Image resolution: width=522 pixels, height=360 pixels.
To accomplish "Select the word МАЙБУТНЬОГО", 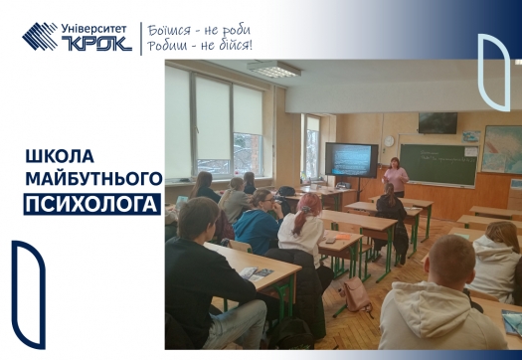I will click(92, 179).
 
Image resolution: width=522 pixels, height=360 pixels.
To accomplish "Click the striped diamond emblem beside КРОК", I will click(41, 37).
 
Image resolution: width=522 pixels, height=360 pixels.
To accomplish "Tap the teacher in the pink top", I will click(396, 176).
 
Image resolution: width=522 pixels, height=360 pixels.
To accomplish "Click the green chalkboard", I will click(438, 163).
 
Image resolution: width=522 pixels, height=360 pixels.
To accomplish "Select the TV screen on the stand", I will click(352, 159).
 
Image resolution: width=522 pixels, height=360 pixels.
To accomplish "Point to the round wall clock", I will click(389, 141).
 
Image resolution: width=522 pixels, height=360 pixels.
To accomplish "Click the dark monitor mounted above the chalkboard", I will click(437, 122).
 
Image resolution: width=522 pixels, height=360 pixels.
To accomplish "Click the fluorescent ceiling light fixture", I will click(273, 71).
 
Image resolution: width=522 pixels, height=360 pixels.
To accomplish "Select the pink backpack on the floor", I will click(356, 294).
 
